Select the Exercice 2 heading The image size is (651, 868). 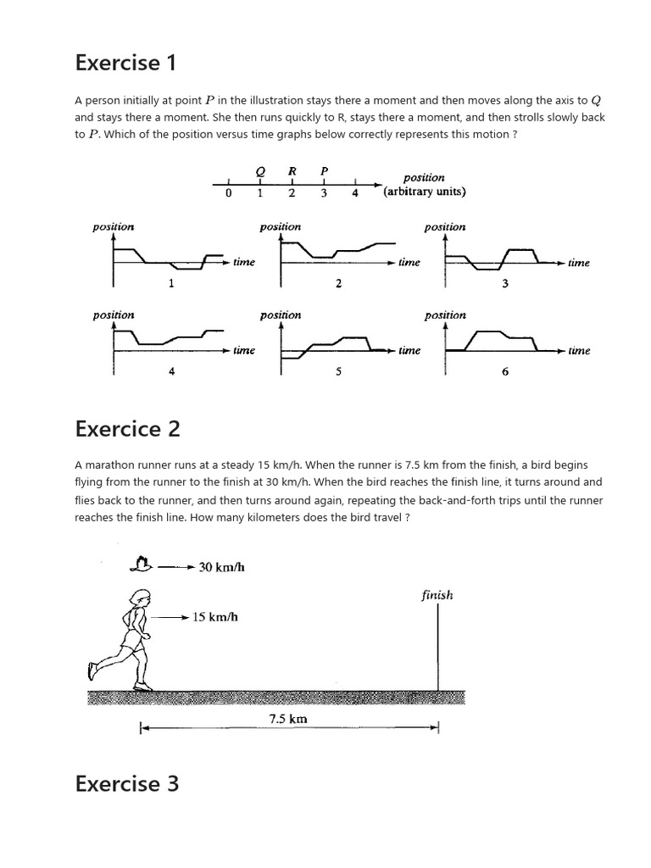[x=127, y=429]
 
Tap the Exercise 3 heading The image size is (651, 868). [x=127, y=783]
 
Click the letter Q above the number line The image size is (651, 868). [x=260, y=170]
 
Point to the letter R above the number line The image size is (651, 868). [x=292, y=170]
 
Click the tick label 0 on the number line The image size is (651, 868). [x=229, y=193]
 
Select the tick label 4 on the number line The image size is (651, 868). [x=355, y=193]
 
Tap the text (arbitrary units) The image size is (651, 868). [x=424, y=192]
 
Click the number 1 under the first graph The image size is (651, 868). [x=171, y=283]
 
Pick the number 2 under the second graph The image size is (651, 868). [x=338, y=283]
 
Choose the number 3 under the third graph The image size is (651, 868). [x=504, y=283]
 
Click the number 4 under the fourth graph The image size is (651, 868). [x=171, y=370]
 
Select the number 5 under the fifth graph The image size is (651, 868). [x=338, y=370]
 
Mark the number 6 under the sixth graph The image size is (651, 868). [x=505, y=370]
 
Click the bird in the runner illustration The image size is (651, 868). [x=142, y=565]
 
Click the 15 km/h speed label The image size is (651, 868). [x=215, y=617]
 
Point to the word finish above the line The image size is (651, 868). [x=437, y=595]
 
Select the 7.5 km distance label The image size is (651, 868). [x=287, y=719]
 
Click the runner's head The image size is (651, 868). [x=137, y=598]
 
